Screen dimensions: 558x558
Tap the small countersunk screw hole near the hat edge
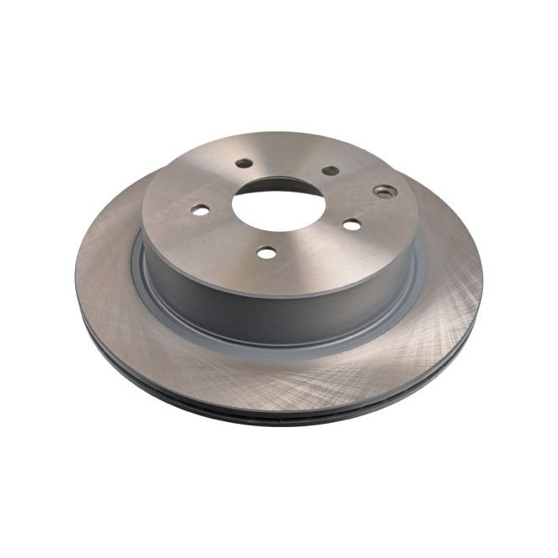pyautogui.click(x=385, y=191)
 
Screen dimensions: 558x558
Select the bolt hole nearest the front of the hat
pyautogui.click(x=267, y=252)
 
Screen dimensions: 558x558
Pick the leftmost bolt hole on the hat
pyautogui.click(x=200, y=210)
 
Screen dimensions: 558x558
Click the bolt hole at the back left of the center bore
pyautogui.click(x=244, y=163)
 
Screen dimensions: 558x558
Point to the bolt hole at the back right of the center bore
pyautogui.click(x=330, y=170)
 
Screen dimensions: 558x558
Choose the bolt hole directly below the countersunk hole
pyautogui.click(x=352, y=224)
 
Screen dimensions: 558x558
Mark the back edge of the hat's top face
pyautogui.click(x=275, y=133)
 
